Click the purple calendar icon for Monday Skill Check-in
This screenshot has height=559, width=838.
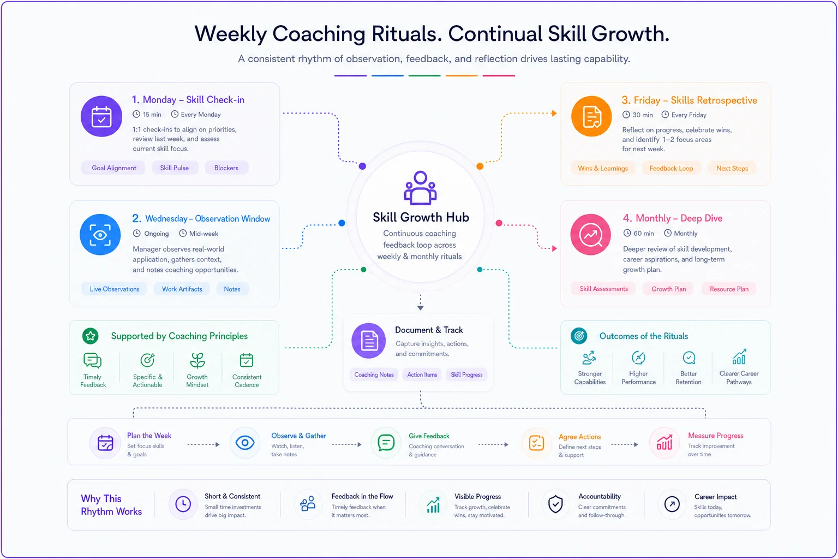[x=101, y=116]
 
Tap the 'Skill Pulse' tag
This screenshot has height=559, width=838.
[x=175, y=168]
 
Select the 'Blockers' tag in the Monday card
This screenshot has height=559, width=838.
[x=226, y=168]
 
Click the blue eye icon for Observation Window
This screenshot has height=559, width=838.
[x=100, y=235]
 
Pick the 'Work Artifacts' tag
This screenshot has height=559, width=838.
[x=182, y=289]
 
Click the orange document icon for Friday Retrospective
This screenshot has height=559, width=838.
[x=591, y=116]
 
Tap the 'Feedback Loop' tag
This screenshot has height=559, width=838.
[x=671, y=169]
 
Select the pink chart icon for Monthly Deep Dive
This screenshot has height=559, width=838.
[x=591, y=235]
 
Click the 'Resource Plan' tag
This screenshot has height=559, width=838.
[x=729, y=289]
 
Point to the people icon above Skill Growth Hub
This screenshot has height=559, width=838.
[x=420, y=188]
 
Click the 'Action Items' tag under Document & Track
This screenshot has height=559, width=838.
[x=422, y=374]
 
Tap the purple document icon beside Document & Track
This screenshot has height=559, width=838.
[x=369, y=341]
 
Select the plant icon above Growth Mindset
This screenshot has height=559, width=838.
[x=197, y=360]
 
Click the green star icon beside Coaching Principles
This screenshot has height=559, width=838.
[x=91, y=336]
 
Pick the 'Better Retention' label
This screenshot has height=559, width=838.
[x=689, y=378]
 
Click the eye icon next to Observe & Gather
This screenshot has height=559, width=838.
[x=245, y=443]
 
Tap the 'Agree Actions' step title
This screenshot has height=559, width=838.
[x=579, y=437]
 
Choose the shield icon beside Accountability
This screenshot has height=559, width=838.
[x=555, y=504]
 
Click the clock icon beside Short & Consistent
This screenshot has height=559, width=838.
[x=183, y=504]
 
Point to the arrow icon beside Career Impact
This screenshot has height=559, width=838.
[x=672, y=504]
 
